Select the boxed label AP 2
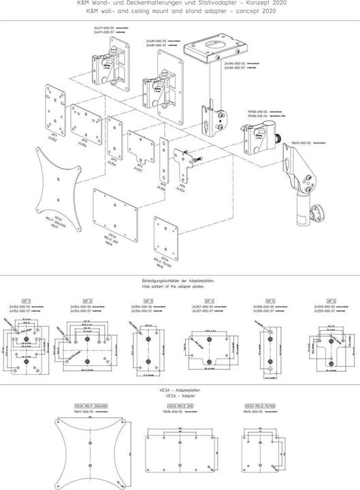tap(87, 300)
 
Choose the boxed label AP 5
tap(270, 300)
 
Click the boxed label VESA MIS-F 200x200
tap(90, 406)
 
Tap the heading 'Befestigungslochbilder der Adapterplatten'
tap(180, 280)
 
